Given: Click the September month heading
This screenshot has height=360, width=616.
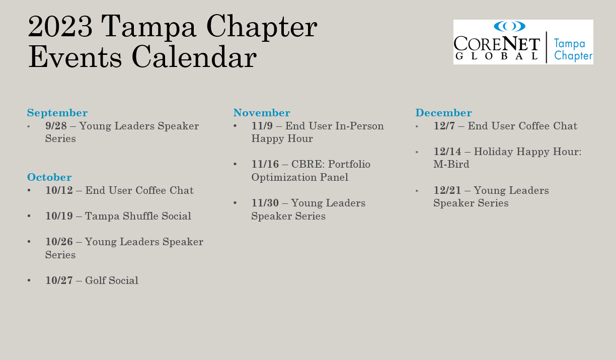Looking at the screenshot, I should (x=57, y=113).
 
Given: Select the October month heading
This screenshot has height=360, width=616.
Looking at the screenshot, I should (x=49, y=177).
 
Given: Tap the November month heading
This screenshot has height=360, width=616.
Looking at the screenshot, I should (x=262, y=113).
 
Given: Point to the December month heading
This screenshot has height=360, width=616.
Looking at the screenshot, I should (x=443, y=113).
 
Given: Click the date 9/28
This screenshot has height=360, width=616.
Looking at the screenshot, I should (x=56, y=126).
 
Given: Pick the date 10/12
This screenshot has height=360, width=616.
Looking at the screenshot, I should (x=59, y=190).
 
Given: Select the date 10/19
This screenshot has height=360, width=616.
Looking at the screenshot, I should (x=59, y=216).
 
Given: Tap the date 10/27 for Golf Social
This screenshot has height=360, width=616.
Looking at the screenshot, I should (x=59, y=280).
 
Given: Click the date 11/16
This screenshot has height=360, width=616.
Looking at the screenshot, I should (x=265, y=165).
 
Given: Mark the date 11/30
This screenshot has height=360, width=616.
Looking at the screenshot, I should (x=265, y=203).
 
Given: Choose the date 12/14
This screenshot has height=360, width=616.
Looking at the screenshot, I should (x=447, y=152).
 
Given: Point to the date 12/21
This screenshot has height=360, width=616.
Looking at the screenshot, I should (x=447, y=190).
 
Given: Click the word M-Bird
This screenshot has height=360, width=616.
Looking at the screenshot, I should (x=451, y=165).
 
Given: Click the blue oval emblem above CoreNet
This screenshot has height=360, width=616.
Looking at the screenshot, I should (x=509, y=26).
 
